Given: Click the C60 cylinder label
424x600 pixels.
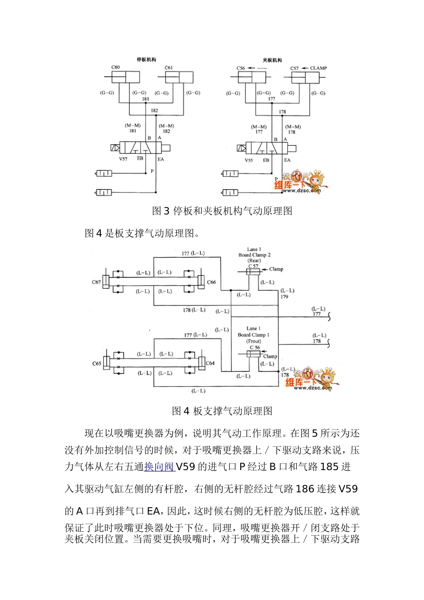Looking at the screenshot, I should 116,67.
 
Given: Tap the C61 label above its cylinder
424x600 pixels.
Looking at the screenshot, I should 169,68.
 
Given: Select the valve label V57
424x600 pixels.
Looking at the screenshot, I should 123,159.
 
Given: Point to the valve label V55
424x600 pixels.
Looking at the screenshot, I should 249,160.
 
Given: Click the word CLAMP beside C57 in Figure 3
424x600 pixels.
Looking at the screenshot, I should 318,68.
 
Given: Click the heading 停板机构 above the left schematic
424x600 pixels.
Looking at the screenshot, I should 146,59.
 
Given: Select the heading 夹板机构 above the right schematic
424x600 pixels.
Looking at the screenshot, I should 272,60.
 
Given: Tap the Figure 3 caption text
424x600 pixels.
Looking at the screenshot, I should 222,211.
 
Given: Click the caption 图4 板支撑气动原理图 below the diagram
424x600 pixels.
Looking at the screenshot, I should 222,411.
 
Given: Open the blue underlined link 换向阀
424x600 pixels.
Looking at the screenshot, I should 159,467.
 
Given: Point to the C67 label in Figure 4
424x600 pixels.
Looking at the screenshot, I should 96,282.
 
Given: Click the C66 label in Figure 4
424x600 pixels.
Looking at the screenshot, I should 212,282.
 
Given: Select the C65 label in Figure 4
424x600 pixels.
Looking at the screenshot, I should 97,363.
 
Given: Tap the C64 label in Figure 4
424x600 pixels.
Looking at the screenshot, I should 210,363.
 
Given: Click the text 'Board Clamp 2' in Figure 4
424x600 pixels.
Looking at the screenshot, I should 254,255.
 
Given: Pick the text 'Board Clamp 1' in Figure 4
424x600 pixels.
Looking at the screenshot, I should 254,335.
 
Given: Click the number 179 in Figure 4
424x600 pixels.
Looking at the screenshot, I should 284,296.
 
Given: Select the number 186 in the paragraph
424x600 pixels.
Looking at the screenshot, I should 305,489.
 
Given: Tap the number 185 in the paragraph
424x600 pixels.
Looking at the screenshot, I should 329,467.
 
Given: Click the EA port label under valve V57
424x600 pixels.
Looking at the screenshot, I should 161,159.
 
